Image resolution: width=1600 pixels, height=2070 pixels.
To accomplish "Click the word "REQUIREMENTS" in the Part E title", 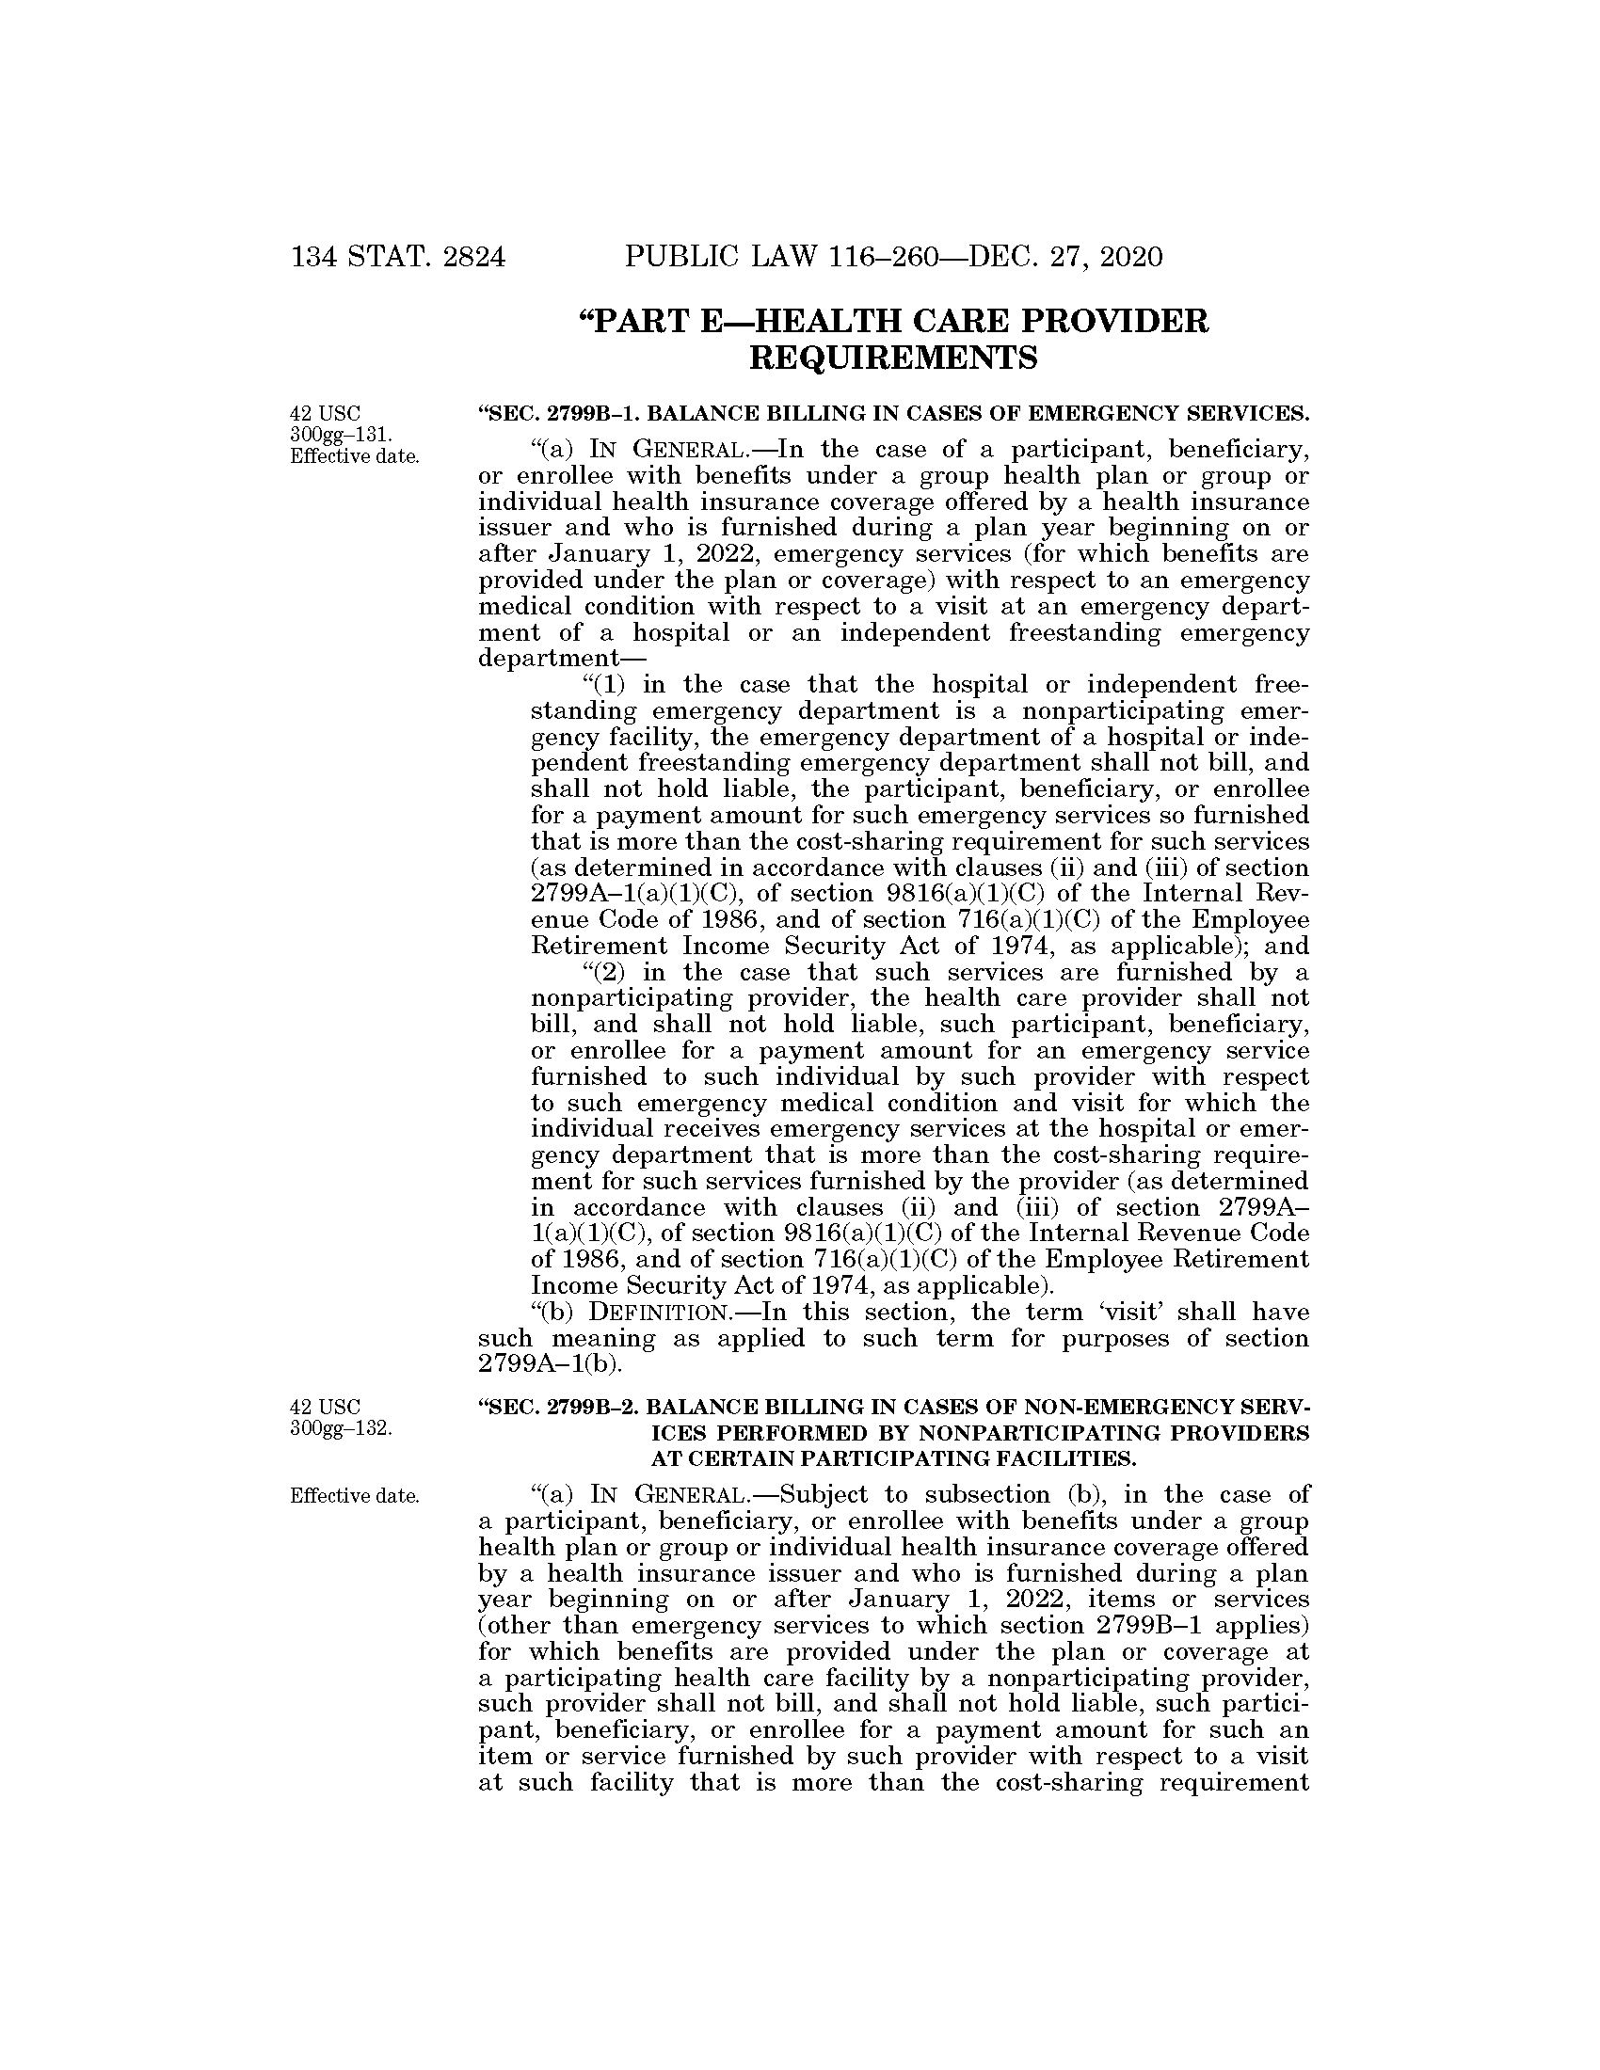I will [x=893, y=358].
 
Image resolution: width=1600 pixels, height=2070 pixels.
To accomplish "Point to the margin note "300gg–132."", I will [x=342, y=1428].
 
